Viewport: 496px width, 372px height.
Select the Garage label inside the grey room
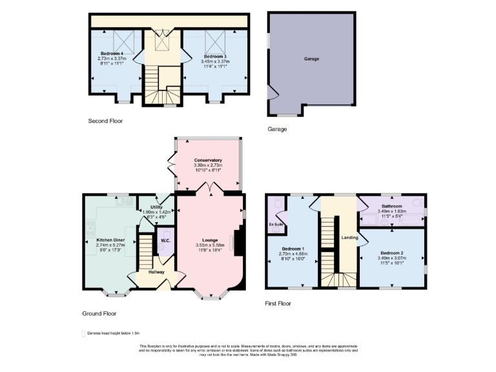312,58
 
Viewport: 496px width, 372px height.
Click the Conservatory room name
208,160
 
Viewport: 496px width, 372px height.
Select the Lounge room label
209,240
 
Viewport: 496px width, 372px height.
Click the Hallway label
156,272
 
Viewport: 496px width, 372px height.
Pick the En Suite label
276,225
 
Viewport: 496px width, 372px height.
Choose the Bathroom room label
391,206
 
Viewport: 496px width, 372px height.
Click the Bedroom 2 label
392,253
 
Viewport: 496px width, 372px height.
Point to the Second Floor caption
105,121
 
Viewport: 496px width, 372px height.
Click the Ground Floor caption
99,313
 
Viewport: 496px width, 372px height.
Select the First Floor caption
278,302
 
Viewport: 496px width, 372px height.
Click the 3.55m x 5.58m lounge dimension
209,245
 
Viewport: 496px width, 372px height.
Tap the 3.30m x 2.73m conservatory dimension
208,165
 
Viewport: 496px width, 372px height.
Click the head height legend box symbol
83,334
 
